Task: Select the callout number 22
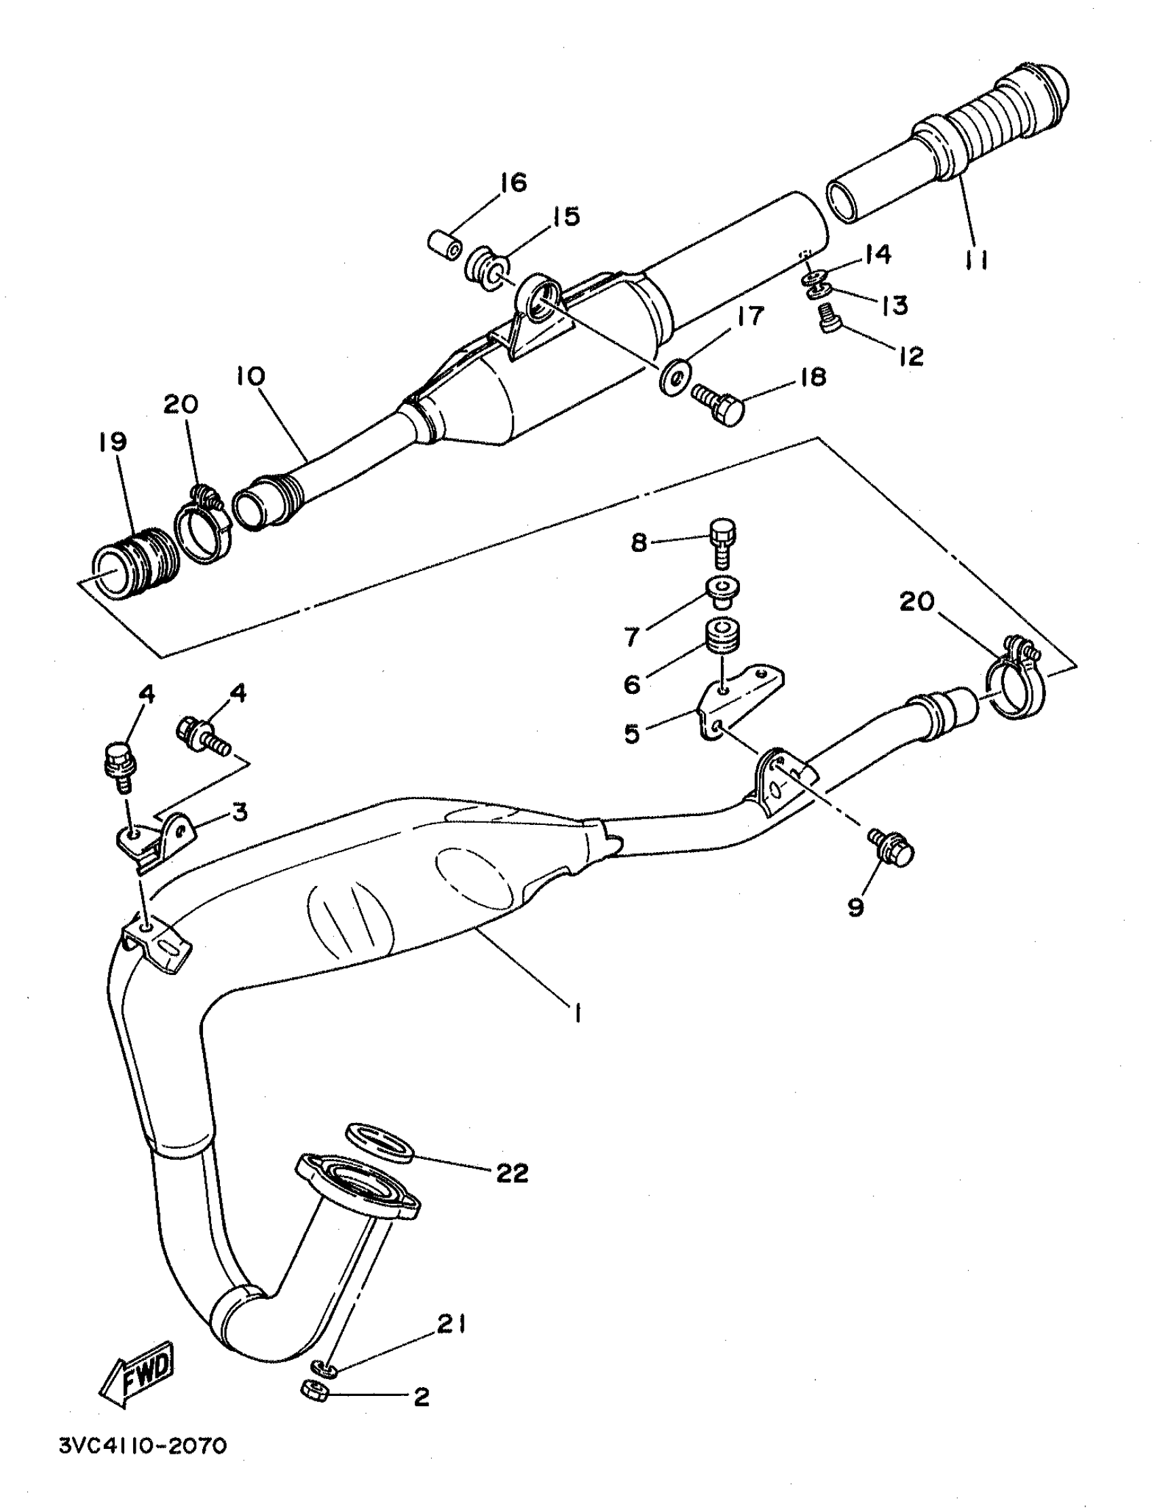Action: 512,1173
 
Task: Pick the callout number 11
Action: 976,260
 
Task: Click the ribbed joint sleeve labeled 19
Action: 135,563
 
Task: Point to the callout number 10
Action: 250,376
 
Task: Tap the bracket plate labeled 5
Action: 739,700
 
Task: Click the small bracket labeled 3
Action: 157,838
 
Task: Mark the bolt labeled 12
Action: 831,318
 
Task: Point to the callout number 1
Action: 578,1012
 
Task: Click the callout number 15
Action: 566,217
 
